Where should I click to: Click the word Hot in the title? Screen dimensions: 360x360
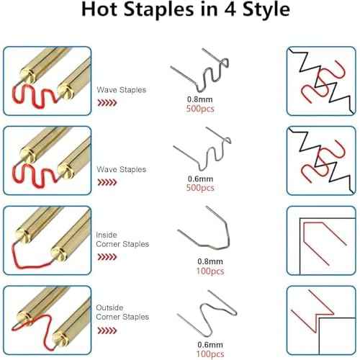tap(100, 9)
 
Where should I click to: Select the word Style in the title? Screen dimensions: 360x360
tap(266, 10)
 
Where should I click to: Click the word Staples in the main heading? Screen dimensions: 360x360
tap(159, 10)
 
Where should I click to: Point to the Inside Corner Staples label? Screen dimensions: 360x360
tap(122, 240)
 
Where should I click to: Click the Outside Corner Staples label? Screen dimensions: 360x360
tap(122, 312)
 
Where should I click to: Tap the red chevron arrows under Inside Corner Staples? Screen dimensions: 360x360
tap(107, 257)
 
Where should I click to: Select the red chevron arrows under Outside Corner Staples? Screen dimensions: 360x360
tap(107, 330)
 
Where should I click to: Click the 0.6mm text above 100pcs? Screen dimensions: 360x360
tap(210, 345)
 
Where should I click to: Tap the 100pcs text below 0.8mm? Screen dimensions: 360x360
tap(210, 271)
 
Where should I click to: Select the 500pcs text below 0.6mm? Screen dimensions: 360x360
tap(200, 188)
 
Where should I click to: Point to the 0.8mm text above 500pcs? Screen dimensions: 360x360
tap(200, 99)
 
